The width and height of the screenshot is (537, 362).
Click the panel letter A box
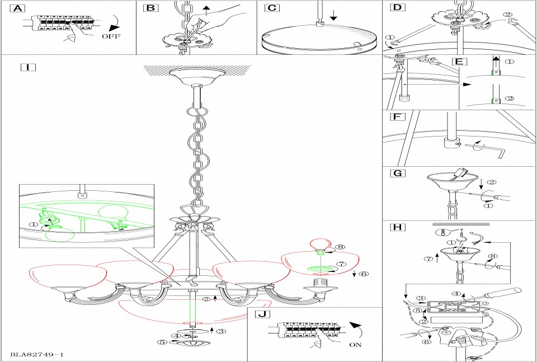click(18, 9)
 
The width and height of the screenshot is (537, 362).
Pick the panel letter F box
click(397, 117)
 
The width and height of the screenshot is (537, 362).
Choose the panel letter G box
click(397, 173)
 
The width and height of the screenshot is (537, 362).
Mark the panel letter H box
click(397, 228)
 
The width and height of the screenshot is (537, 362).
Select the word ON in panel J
click(355, 345)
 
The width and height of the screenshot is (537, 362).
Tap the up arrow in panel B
click(205, 10)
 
